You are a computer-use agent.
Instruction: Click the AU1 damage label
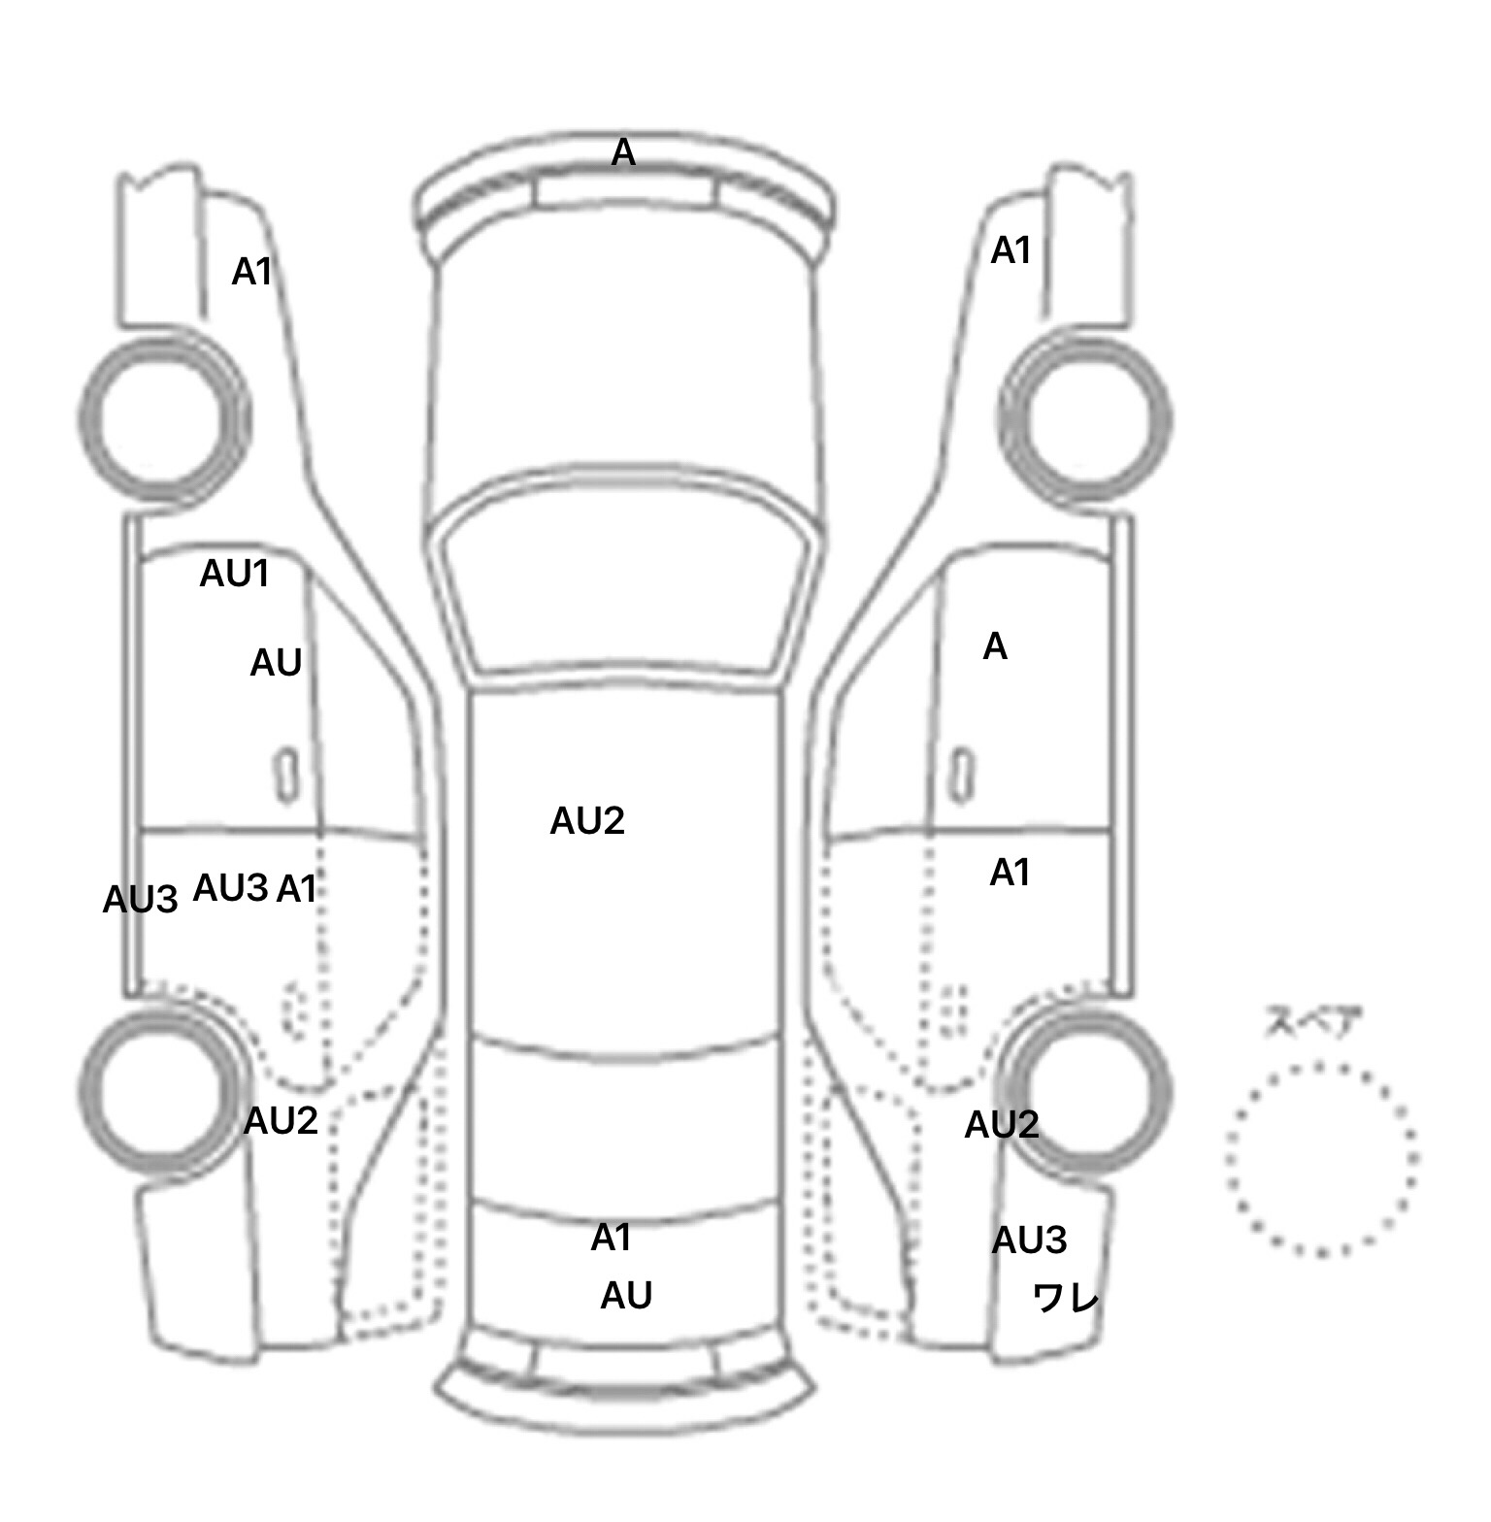pyautogui.click(x=234, y=574)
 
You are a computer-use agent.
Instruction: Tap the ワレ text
pyautogui.click(x=1065, y=1297)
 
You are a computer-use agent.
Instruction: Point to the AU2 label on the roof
pyautogui.click(x=586, y=821)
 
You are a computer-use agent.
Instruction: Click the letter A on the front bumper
pyautogui.click(x=623, y=152)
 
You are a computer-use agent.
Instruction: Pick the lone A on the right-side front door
pyautogui.click(x=995, y=646)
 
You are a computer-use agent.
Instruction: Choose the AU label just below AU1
pyautogui.click(x=276, y=663)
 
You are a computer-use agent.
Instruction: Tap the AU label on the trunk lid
pyautogui.click(x=626, y=1295)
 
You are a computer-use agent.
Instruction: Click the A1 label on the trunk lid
pyautogui.click(x=612, y=1238)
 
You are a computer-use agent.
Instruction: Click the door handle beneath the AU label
pyautogui.click(x=286, y=775)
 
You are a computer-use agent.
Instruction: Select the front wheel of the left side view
pyautogui.click(x=162, y=418)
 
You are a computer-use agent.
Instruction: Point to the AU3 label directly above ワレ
pyautogui.click(x=1029, y=1241)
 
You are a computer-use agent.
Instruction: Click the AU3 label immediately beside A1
pyautogui.click(x=230, y=888)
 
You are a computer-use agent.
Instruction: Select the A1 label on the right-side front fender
pyautogui.click(x=1011, y=251)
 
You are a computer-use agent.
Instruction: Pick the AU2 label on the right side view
pyautogui.click(x=1002, y=1125)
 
